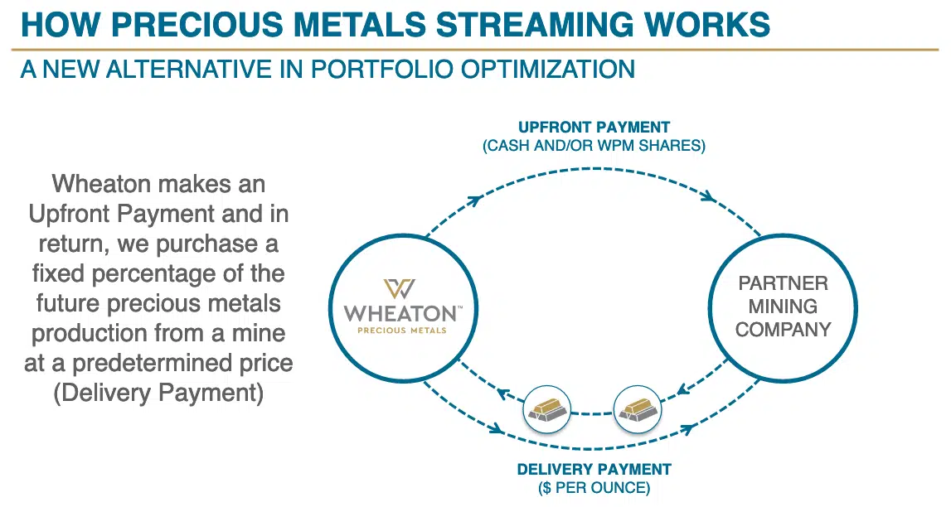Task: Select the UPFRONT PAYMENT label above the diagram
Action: (x=594, y=128)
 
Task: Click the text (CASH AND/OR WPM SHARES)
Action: (x=594, y=146)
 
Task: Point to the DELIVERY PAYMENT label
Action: (x=594, y=470)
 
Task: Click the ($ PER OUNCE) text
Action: (x=594, y=488)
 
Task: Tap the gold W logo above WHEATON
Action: (x=400, y=289)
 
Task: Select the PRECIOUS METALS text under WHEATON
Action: (x=402, y=331)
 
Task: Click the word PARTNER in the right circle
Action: (x=783, y=283)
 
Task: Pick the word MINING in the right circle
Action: (x=783, y=307)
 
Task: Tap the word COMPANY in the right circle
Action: (x=783, y=330)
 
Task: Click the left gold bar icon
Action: (x=548, y=408)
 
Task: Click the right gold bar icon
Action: (x=638, y=408)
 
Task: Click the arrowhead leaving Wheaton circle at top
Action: (x=476, y=200)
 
